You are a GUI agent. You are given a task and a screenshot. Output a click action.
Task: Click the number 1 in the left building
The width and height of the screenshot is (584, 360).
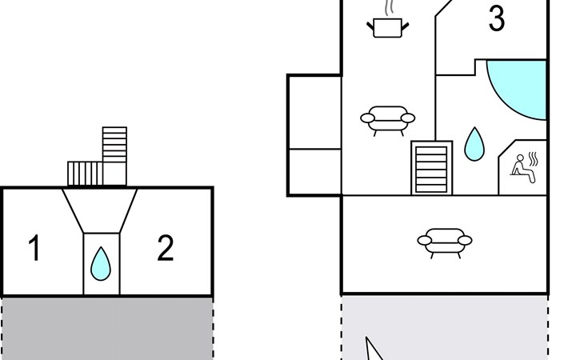tap(34, 249)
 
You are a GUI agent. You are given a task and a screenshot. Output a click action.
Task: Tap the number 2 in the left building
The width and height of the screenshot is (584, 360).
tap(165, 249)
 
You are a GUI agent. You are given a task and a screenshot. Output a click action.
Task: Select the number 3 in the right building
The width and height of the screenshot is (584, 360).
tap(496, 19)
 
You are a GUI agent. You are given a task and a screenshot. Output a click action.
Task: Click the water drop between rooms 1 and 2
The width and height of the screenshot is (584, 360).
tap(100, 264)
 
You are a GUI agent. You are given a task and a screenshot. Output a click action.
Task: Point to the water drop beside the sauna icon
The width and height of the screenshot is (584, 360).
tap(474, 144)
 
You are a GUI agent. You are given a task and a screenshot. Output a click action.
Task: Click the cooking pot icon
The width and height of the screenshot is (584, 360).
tap(388, 28)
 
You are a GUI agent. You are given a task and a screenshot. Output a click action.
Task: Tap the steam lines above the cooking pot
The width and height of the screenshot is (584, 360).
tap(389, 8)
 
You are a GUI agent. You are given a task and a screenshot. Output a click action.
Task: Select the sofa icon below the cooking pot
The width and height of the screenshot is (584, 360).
tap(388, 119)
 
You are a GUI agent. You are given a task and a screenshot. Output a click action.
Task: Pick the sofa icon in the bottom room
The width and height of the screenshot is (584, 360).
tap(444, 240)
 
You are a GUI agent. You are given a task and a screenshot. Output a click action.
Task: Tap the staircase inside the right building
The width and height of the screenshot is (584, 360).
tap(432, 167)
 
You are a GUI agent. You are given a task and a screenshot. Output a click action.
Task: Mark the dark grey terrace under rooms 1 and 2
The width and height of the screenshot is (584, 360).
tap(107, 328)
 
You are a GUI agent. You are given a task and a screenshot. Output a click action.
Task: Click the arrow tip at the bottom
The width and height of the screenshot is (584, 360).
tap(368, 339)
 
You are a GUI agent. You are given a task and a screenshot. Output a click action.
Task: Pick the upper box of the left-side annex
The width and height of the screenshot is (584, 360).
tap(314, 111)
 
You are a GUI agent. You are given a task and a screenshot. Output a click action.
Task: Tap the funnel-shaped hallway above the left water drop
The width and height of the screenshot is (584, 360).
tap(100, 210)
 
